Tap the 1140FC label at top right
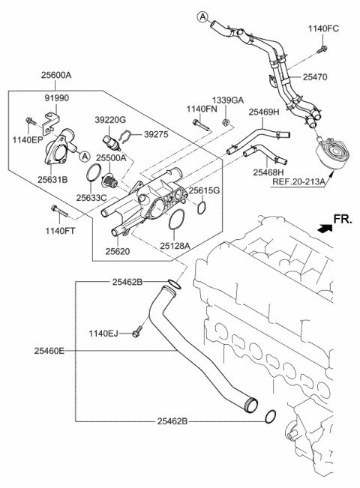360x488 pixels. point(324,28)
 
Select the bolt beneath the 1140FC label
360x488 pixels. point(321,50)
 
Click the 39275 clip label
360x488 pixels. point(156,134)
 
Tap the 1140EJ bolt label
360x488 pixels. point(106,332)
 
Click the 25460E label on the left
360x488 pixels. point(48,349)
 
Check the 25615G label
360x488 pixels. point(204,190)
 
